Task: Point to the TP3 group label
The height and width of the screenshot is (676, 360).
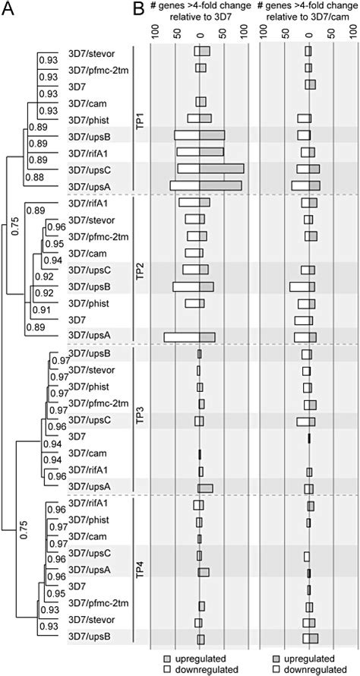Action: (139, 419)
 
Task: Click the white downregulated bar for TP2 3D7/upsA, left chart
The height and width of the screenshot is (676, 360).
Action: (181, 337)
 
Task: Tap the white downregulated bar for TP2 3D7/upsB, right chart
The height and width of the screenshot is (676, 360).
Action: (299, 287)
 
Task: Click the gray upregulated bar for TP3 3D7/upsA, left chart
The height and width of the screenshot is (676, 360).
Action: (206, 488)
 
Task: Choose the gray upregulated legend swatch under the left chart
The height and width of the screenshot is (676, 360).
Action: (169, 658)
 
